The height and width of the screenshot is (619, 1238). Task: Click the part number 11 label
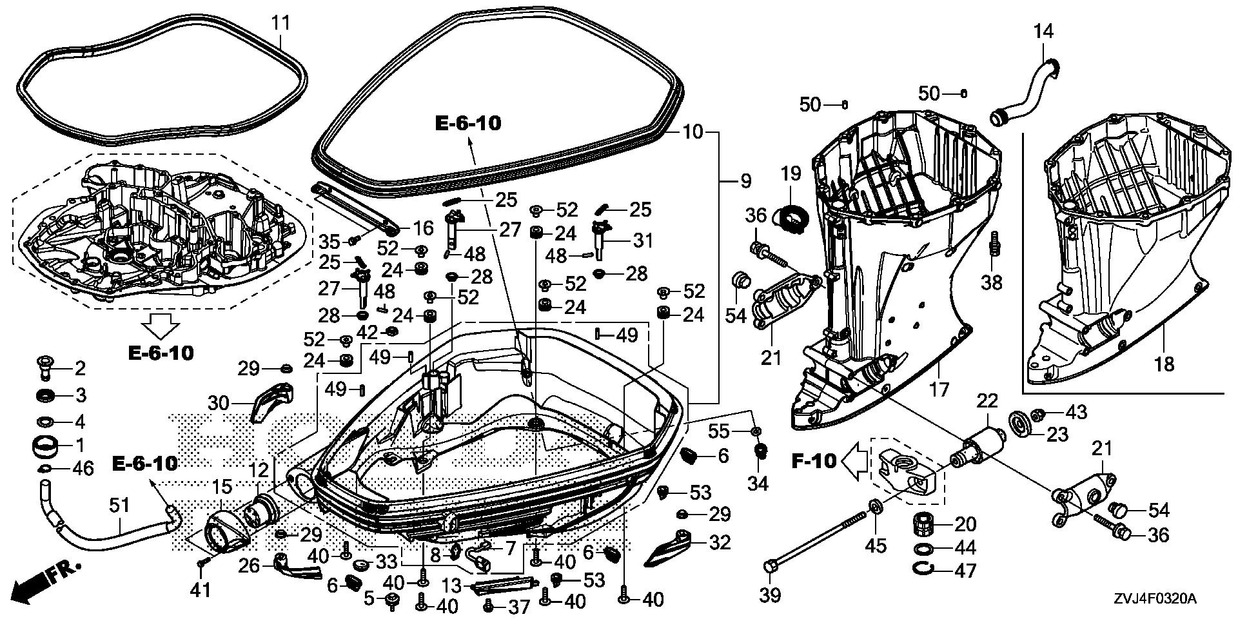(280, 23)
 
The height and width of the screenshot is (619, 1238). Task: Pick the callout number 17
(939, 389)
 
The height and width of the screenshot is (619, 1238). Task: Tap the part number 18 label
(1164, 364)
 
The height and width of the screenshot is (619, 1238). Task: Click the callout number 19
(791, 173)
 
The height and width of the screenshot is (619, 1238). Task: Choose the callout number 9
(745, 181)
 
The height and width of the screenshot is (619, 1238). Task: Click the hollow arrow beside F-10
(856, 461)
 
